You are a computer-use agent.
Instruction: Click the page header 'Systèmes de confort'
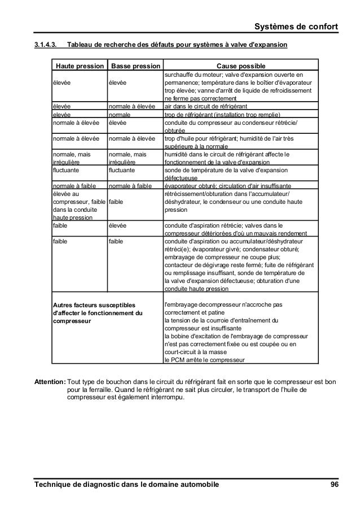coord(296,26)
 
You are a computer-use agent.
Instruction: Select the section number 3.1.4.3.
coord(46,45)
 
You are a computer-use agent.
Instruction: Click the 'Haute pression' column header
coord(79,66)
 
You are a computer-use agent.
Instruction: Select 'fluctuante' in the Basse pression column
coord(123,169)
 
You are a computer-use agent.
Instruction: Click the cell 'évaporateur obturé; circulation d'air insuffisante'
coord(227,185)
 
